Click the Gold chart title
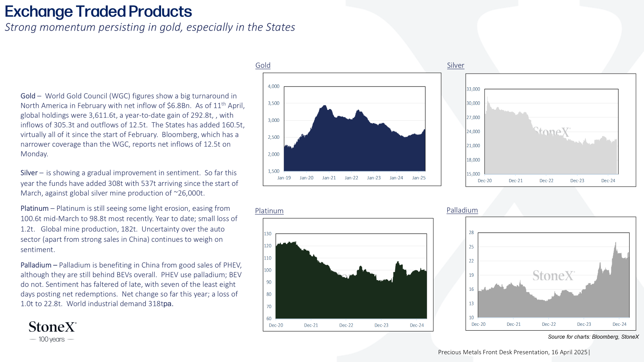pyautogui.click(x=263, y=65)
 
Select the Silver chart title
pyautogui.click(x=455, y=65)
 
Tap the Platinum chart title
pyautogui.click(x=269, y=211)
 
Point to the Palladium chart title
pyautogui.click(x=462, y=210)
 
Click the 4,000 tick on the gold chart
pyautogui.click(x=273, y=86)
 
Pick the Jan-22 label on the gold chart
pyautogui.click(x=351, y=178)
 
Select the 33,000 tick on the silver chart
pyautogui.click(x=473, y=89)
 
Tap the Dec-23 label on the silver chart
pyautogui.click(x=577, y=181)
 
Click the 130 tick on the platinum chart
pyautogui.click(x=267, y=234)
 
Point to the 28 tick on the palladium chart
pyautogui.click(x=471, y=232)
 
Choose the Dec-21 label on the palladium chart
pyautogui.click(x=514, y=324)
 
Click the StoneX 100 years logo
pyautogui.click(x=52, y=332)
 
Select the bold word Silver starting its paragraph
pyautogui.click(x=29, y=173)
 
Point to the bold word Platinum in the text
pyautogui.click(x=35, y=208)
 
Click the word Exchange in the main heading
pyautogui.click(x=39, y=12)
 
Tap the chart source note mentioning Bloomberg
pyautogui.click(x=593, y=337)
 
